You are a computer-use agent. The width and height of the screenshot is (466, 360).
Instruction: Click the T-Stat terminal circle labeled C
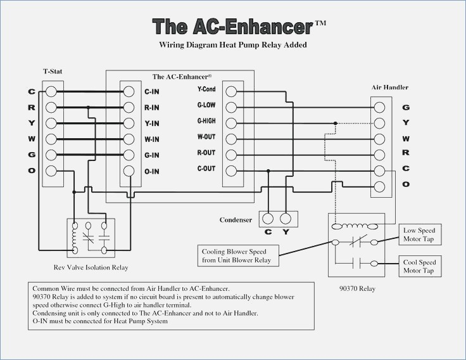click(51, 92)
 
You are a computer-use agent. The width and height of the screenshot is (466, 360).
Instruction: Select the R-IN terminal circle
click(129, 107)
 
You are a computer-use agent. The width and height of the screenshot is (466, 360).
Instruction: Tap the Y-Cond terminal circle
click(231, 92)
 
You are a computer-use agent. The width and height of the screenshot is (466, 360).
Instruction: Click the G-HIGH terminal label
click(206, 121)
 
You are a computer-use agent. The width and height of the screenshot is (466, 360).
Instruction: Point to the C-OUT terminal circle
click(231, 171)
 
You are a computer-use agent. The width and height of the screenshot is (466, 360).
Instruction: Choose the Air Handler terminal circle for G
click(379, 107)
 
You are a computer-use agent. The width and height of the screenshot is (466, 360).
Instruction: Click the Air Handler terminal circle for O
click(379, 187)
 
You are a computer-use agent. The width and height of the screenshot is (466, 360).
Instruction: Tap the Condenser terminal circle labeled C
click(268, 219)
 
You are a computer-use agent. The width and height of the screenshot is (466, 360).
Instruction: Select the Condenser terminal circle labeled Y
click(286, 219)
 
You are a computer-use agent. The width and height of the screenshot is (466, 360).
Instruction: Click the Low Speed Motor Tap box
click(420, 235)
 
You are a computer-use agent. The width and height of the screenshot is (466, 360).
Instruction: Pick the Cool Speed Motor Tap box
click(420, 266)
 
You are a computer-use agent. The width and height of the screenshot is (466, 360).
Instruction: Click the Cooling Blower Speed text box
click(238, 255)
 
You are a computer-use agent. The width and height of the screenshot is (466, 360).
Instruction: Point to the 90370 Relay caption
click(358, 288)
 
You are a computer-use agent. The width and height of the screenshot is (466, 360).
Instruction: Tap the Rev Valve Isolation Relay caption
click(91, 267)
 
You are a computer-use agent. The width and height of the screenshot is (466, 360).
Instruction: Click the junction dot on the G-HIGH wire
click(335, 123)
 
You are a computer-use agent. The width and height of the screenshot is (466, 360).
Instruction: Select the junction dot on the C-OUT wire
click(268, 170)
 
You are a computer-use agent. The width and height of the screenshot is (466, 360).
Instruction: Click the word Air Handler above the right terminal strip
click(390, 87)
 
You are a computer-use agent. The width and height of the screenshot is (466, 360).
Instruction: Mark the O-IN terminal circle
click(129, 171)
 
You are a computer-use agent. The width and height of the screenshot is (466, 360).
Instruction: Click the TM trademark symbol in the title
click(320, 23)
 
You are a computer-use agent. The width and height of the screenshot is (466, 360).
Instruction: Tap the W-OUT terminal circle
click(231, 139)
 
